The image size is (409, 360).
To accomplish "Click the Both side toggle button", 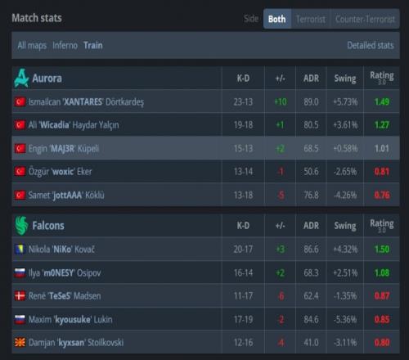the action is click(277, 19).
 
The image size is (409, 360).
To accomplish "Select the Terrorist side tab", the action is click(311, 19).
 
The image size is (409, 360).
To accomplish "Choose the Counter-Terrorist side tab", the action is click(365, 19).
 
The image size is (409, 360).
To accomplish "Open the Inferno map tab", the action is click(65, 45).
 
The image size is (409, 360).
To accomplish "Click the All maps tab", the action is click(32, 46).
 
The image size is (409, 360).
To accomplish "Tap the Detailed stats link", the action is click(371, 45).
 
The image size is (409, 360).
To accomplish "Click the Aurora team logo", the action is click(21, 78).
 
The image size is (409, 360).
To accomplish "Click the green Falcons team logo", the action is click(21, 226).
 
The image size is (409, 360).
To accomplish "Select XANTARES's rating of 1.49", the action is click(382, 101).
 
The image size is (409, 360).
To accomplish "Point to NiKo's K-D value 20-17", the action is click(243, 250).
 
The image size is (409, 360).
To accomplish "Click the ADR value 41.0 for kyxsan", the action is click(311, 343).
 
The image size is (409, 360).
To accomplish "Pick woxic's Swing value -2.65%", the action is click(345, 172).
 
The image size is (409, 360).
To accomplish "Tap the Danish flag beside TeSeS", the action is click(20, 296).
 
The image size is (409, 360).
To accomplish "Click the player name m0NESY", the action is click(59, 272).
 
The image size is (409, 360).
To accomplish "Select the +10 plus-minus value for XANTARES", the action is click(281, 101).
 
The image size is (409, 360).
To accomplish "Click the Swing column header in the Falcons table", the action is click(345, 226).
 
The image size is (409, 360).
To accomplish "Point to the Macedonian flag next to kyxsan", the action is click(20, 343).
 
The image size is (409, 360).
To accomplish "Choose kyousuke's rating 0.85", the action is click(382, 319).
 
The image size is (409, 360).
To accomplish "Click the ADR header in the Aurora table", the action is click(311, 79).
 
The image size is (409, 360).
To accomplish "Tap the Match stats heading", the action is click(37, 18).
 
